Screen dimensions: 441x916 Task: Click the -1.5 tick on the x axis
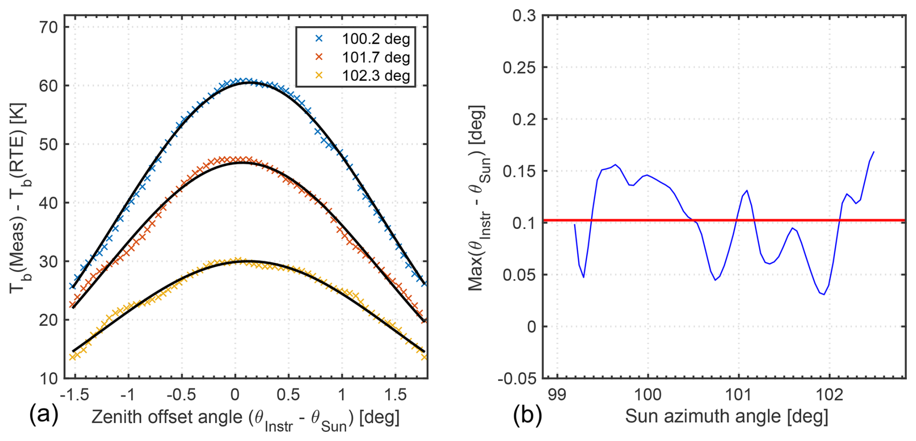pos(76,395)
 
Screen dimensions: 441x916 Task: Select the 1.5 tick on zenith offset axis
pos(396,395)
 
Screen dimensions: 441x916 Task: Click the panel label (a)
pos(44,415)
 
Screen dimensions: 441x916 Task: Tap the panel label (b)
pos(527,415)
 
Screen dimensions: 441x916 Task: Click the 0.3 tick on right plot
pos(524,16)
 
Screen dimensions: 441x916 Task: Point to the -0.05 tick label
pos(517,379)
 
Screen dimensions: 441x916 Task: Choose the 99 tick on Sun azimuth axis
pos(557,395)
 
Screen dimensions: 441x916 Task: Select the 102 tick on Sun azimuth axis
pos(830,395)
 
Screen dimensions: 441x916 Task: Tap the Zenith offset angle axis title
pos(245,417)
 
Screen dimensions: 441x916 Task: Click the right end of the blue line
pos(873,152)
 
